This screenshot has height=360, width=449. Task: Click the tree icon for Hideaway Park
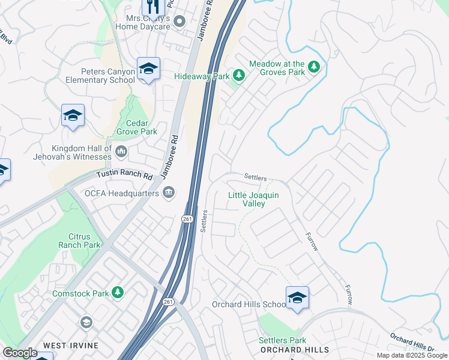pyautogui.click(x=239, y=75)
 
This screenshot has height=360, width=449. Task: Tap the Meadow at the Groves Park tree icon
pyautogui.click(x=313, y=65)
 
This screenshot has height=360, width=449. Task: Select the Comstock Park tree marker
pyautogui.click(x=119, y=292)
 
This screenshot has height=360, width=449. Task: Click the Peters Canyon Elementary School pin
pyautogui.click(x=148, y=69)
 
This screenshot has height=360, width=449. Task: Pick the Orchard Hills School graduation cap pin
pyautogui.click(x=297, y=298)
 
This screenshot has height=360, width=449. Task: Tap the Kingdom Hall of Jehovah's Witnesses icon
pyautogui.click(x=121, y=152)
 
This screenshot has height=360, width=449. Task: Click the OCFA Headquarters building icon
pyautogui.click(x=169, y=193)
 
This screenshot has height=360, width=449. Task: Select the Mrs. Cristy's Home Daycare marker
pyautogui.click(x=179, y=22)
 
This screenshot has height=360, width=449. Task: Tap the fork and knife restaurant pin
pyautogui.click(x=153, y=7)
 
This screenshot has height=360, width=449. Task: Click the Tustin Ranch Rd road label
pyautogui.click(x=124, y=176)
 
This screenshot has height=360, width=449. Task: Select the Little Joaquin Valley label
pyautogui.click(x=255, y=199)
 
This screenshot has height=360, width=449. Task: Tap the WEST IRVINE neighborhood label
pyautogui.click(x=67, y=346)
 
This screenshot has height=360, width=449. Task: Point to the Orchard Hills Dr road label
pyautogui.click(x=412, y=342)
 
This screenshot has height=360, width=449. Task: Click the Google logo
pyautogui.click(x=20, y=353)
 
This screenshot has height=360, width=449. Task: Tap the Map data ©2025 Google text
pyautogui.click(x=411, y=355)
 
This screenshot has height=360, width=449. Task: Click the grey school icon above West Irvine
pyautogui.click(x=86, y=323)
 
